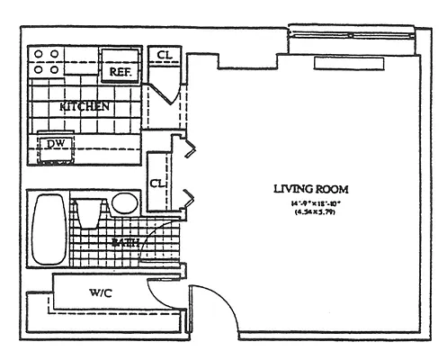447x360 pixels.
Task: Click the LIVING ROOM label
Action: coord(310,189)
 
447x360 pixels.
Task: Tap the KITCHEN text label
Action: coord(85,107)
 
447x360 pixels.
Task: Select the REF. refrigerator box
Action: coord(121,69)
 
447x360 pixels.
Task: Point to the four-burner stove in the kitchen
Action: coord(46,61)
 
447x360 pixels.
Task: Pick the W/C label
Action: coord(100,292)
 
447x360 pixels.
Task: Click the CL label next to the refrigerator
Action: coord(164,56)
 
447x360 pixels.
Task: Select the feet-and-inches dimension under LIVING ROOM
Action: coord(310,206)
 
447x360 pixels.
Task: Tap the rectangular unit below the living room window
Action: coord(359,65)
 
